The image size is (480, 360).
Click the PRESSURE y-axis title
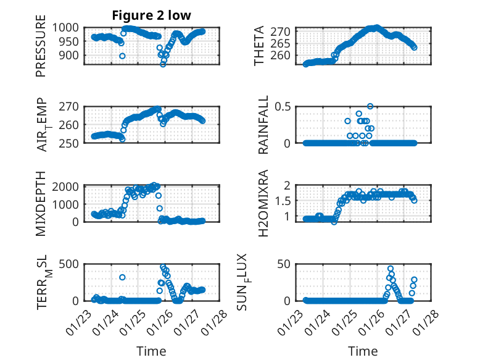point(41,50)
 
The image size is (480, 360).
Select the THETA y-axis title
point(259,46)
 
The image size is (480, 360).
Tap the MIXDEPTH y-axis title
point(41,203)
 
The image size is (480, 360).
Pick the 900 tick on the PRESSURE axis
point(71,56)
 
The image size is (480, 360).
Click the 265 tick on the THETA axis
point(283,43)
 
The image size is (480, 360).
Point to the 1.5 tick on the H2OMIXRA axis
point(284,201)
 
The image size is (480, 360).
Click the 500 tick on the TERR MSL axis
point(71,264)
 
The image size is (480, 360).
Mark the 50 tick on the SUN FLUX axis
point(286,264)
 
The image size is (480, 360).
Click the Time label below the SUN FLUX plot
point(363,351)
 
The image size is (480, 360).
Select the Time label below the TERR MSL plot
point(151,351)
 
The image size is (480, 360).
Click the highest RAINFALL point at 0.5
point(370,106)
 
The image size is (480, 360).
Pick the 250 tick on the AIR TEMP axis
point(71,143)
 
